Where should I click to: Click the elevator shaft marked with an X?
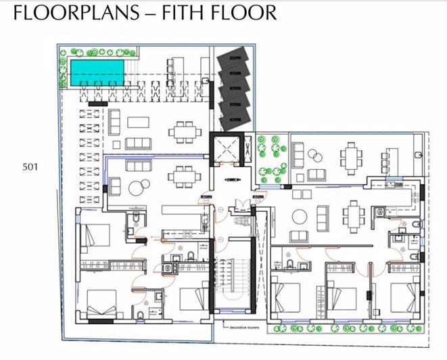(224, 149)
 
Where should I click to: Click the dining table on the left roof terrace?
(183, 131)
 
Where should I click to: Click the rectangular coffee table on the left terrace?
(139, 122)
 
